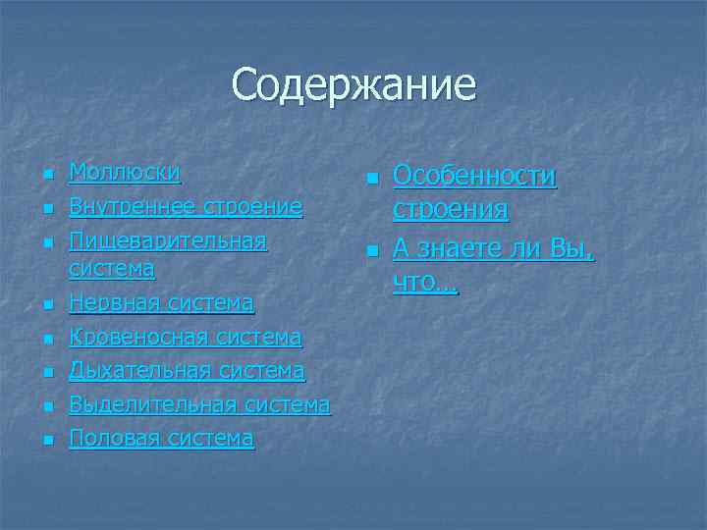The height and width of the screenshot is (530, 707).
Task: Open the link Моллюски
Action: (125, 174)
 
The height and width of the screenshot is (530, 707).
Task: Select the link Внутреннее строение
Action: (186, 207)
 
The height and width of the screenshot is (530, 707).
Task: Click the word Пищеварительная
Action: (168, 240)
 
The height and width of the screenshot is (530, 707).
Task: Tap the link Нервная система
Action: (161, 304)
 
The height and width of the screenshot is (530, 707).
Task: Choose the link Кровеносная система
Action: (185, 338)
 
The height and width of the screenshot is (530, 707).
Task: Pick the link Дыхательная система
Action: (187, 371)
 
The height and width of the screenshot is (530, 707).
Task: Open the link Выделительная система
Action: (199, 404)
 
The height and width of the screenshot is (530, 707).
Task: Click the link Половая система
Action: (161, 438)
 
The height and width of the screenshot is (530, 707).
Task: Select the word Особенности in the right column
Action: (474, 177)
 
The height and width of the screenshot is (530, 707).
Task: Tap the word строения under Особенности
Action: (450, 210)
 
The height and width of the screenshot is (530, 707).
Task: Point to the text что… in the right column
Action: (425, 283)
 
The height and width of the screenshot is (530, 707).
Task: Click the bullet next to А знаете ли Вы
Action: (370, 252)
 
